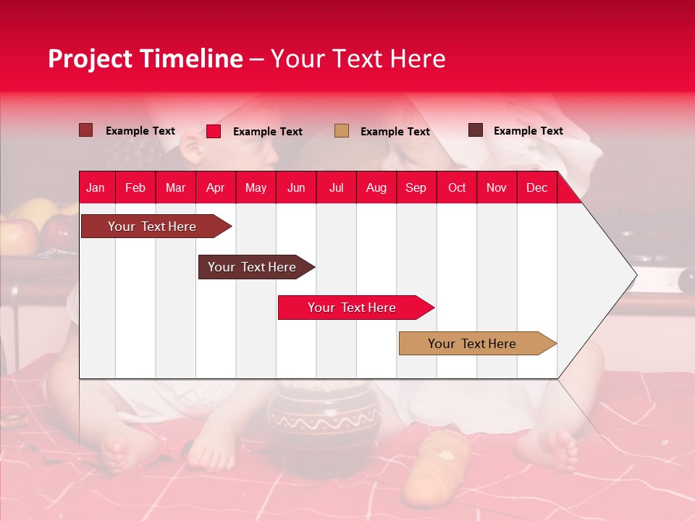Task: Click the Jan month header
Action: pos(96,188)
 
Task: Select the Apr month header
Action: pos(215,188)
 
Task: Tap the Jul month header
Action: pos(336,188)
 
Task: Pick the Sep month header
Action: pos(416,188)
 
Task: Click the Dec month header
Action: pos(536,188)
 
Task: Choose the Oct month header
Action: pos(457,188)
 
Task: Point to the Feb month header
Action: pos(135,188)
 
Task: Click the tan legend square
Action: pos(342,131)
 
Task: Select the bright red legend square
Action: pos(214,131)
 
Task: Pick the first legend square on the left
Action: pos(86,130)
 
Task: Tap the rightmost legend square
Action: pos(476,130)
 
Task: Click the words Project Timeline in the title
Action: pos(146,59)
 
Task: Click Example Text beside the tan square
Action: pos(395,132)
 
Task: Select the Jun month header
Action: pos(296,188)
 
